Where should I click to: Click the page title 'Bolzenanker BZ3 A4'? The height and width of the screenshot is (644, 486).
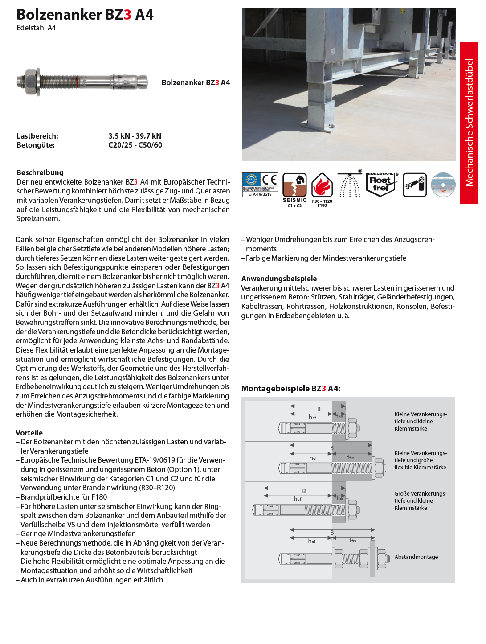(85, 15)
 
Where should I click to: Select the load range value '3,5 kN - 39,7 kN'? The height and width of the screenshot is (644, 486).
(135, 136)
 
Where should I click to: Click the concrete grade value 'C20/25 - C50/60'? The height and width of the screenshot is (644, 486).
(135, 145)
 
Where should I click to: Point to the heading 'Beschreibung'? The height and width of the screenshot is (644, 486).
(40, 172)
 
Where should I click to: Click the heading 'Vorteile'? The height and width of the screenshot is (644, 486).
(29, 433)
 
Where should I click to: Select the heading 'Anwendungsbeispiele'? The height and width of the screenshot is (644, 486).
(279, 279)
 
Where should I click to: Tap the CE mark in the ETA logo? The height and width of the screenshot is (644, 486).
(270, 180)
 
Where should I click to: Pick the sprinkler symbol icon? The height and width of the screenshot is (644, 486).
(350, 184)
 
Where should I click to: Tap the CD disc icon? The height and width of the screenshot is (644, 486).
(443, 185)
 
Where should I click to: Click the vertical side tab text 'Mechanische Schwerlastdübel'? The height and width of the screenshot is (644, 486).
(469, 123)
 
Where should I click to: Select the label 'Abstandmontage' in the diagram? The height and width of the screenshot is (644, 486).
(416, 557)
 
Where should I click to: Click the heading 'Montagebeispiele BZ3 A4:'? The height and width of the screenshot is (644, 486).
(291, 389)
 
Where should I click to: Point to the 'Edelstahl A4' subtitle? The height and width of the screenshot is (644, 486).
(36, 28)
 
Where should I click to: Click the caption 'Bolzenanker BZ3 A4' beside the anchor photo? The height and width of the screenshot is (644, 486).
(196, 82)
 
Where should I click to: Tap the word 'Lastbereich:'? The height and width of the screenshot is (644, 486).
(37, 136)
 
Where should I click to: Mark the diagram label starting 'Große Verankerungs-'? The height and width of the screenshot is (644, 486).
(420, 500)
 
